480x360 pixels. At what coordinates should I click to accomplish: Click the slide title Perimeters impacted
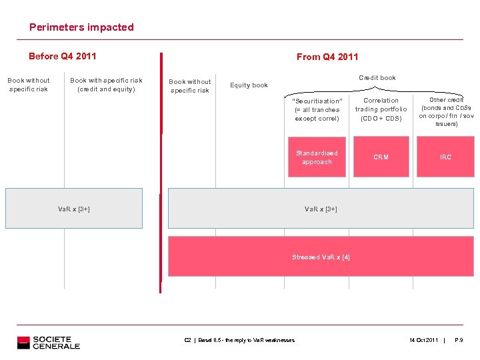tap(81, 27)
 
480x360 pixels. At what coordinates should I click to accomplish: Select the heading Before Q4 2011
tap(63, 56)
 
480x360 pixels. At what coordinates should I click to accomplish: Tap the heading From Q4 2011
tap(327, 57)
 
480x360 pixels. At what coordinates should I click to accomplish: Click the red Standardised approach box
tap(317, 157)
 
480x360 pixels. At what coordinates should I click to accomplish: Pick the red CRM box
tap(381, 157)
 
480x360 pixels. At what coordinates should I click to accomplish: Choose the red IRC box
tap(445, 157)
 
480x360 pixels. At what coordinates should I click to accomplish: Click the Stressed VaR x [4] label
tap(321, 257)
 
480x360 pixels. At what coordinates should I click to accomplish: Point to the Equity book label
tap(249, 85)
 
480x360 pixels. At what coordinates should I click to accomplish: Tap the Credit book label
tap(377, 78)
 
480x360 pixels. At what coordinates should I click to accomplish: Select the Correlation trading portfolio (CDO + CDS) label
tap(381, 109)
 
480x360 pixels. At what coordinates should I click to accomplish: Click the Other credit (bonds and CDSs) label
tap(446, 111)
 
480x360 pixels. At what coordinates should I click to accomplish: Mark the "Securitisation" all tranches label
tap(317, 109)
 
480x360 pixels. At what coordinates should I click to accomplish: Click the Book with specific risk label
tap(106, 85)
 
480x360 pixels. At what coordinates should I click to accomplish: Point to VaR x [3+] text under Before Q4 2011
tap(74, 209)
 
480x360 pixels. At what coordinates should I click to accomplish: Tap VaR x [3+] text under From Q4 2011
tap(321, 209)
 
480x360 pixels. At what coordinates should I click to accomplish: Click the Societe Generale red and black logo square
tap(24, 343)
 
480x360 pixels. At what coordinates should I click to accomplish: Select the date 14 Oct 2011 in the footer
tap(424, 341)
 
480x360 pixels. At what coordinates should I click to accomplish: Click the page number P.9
tap(459, 341)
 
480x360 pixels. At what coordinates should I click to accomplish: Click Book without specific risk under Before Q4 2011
tap(29, 85)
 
